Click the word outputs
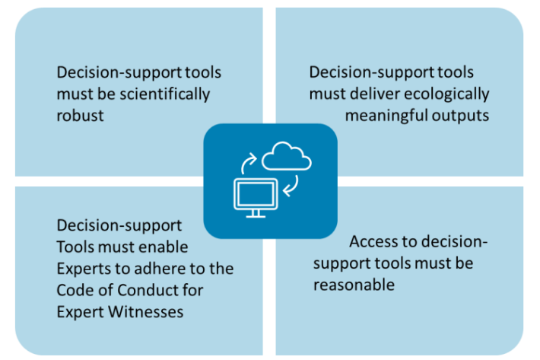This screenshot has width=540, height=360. pos(461,116)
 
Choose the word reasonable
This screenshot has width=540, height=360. pos(354,285)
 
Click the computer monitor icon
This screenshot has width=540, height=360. pos(255,194)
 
